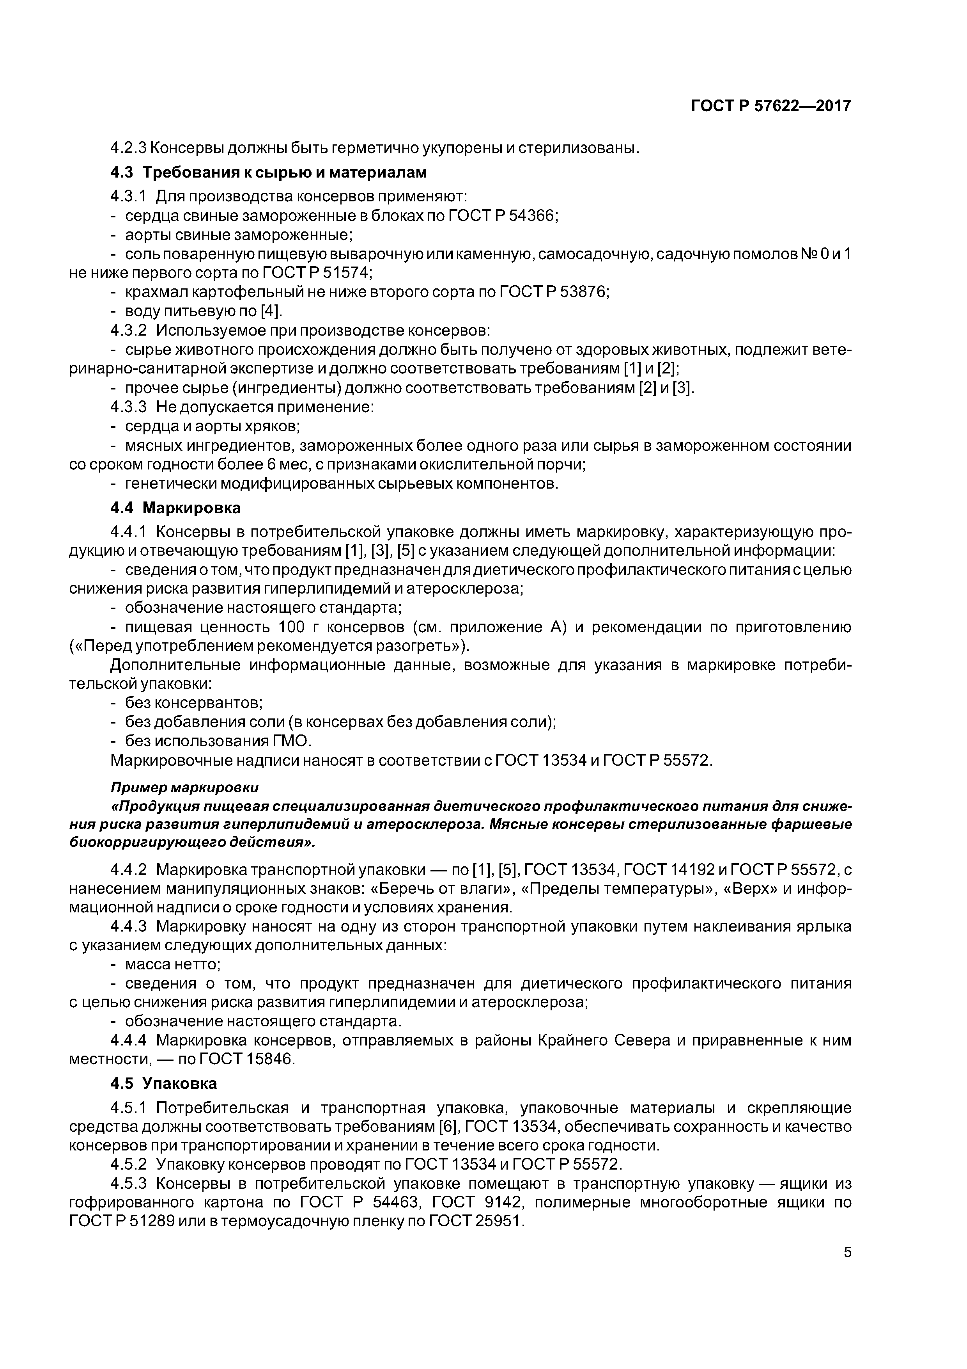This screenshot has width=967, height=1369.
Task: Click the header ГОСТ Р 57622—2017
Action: click(x=770, y=106)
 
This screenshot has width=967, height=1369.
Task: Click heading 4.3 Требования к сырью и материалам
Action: click(x=269, y=172)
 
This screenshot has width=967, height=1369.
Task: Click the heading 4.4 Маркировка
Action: click(x=176, y=508)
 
